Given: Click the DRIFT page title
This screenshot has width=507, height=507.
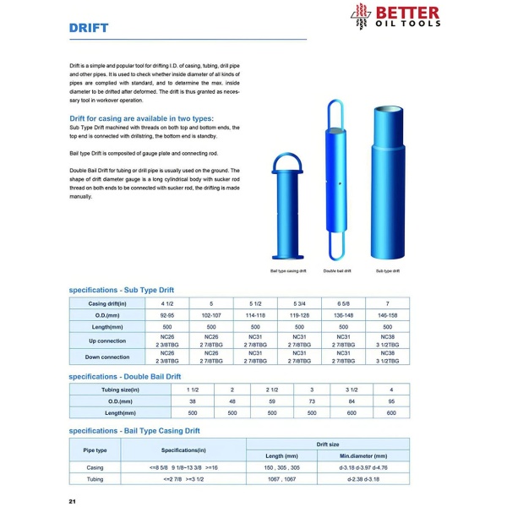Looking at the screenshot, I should click(89, 28).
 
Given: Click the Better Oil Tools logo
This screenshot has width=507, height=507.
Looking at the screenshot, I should click(395, 16).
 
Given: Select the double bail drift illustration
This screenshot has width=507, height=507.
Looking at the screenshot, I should click(335, 181).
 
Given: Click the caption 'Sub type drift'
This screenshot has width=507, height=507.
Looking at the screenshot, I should click(387, 271).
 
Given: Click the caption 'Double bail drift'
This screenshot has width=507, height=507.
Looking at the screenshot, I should click(335, 271).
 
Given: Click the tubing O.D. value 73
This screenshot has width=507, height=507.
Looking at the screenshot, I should click(311, 401).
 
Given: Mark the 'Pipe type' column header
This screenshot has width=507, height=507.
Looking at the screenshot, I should click(95, 450).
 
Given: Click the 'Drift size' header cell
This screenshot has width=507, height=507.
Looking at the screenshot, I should click(327, 444).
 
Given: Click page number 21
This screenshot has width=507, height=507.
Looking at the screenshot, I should click(73, 500).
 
